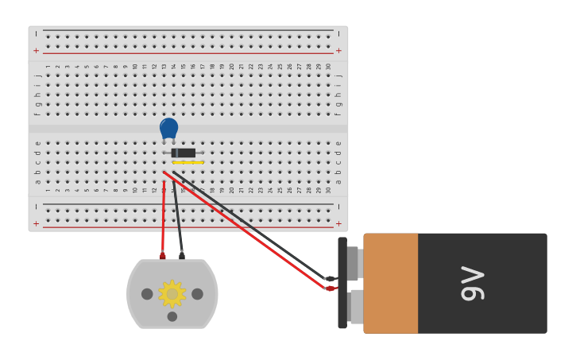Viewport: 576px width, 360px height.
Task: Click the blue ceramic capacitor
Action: tap(168, 128)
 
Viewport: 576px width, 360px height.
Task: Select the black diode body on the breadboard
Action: tap(184, 153)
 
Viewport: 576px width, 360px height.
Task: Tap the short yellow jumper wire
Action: tap(188, 163)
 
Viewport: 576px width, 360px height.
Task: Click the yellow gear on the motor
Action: tap(172, 294)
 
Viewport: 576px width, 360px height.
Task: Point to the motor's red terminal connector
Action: tap(163, 255)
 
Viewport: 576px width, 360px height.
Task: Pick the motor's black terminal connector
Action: tap(182, 255)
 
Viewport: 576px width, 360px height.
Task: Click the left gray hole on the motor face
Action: tap(147, 294)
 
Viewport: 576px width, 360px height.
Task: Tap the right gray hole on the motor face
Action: tap(197, 294)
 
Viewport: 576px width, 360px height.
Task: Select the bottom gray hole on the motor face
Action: tap(172, 316)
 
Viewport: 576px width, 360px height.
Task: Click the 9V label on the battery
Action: tap(473, 284)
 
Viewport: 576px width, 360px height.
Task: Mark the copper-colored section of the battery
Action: tap(390, 283)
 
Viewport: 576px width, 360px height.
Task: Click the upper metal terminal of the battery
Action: tap(354, 263)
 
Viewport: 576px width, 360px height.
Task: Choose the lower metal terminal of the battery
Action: tap(356, 306)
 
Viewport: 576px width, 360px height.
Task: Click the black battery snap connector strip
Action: tap(342, 283)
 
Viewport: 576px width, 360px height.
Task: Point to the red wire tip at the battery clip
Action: tap(330, 288)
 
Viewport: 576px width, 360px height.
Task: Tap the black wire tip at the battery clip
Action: tap(330, 278)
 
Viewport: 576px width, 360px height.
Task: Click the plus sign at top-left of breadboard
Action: tap(36, 50)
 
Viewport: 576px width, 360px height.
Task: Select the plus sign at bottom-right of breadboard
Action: tap(338, 224)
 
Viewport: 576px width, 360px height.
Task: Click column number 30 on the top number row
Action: tap(329, 67)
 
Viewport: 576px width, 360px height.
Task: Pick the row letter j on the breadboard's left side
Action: tap(37, 75)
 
